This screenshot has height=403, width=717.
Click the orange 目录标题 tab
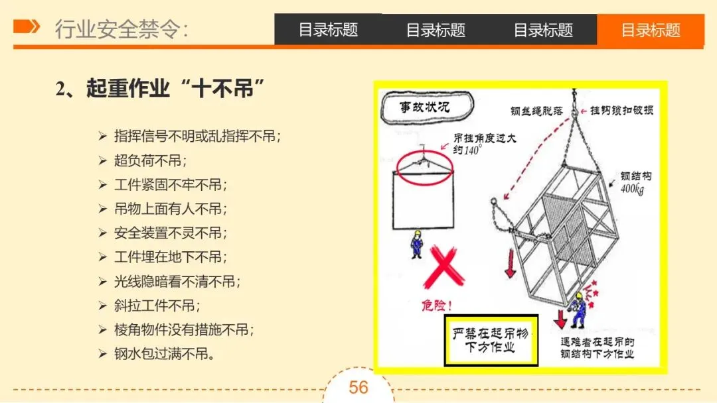coord(650,30)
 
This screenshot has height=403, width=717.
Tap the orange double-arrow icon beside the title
coord(27,27)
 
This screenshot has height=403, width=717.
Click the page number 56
coord(358,388)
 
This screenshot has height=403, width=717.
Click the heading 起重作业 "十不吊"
coord(160,88)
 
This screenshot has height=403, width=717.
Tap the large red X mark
coord(443,267)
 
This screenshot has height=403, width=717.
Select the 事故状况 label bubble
coord(427,107)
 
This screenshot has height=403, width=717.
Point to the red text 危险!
coord(437,305)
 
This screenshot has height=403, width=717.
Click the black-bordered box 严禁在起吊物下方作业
coord(491,340)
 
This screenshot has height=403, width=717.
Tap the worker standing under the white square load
coord(416,245)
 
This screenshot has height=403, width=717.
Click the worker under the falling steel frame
coord(578,311)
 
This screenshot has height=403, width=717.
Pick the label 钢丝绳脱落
coord(536,111)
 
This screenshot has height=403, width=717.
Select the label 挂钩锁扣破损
coord(621,110)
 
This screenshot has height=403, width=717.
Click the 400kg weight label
coord(633,188)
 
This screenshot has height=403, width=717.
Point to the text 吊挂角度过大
coord(485,139)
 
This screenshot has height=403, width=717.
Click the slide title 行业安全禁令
coord(121,29)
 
